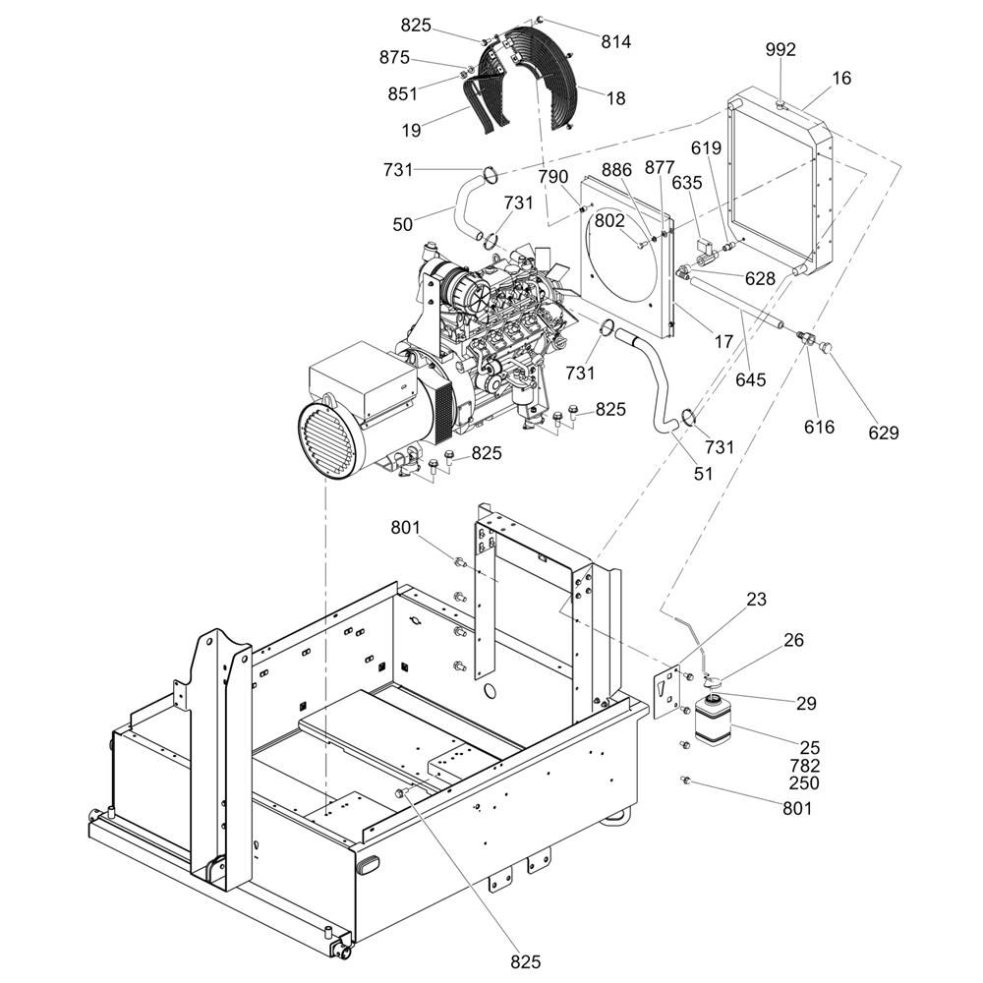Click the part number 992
[x=781, y=49]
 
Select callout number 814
[x=615, y=42]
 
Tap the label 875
[x=394, y=58]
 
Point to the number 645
[x=750, y=379]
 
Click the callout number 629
[x=884, y=433]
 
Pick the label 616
[x=820, y=427]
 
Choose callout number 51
[x=704, y=474]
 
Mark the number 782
[x=804, y=766]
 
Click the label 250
[x=804, y=783]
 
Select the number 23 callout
[x=756, y=600]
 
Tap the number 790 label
[x=552, y=177]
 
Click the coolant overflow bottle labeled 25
[x=714, y=721]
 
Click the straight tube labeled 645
[x=736, y=303]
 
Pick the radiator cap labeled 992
[x=781, y=104]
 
